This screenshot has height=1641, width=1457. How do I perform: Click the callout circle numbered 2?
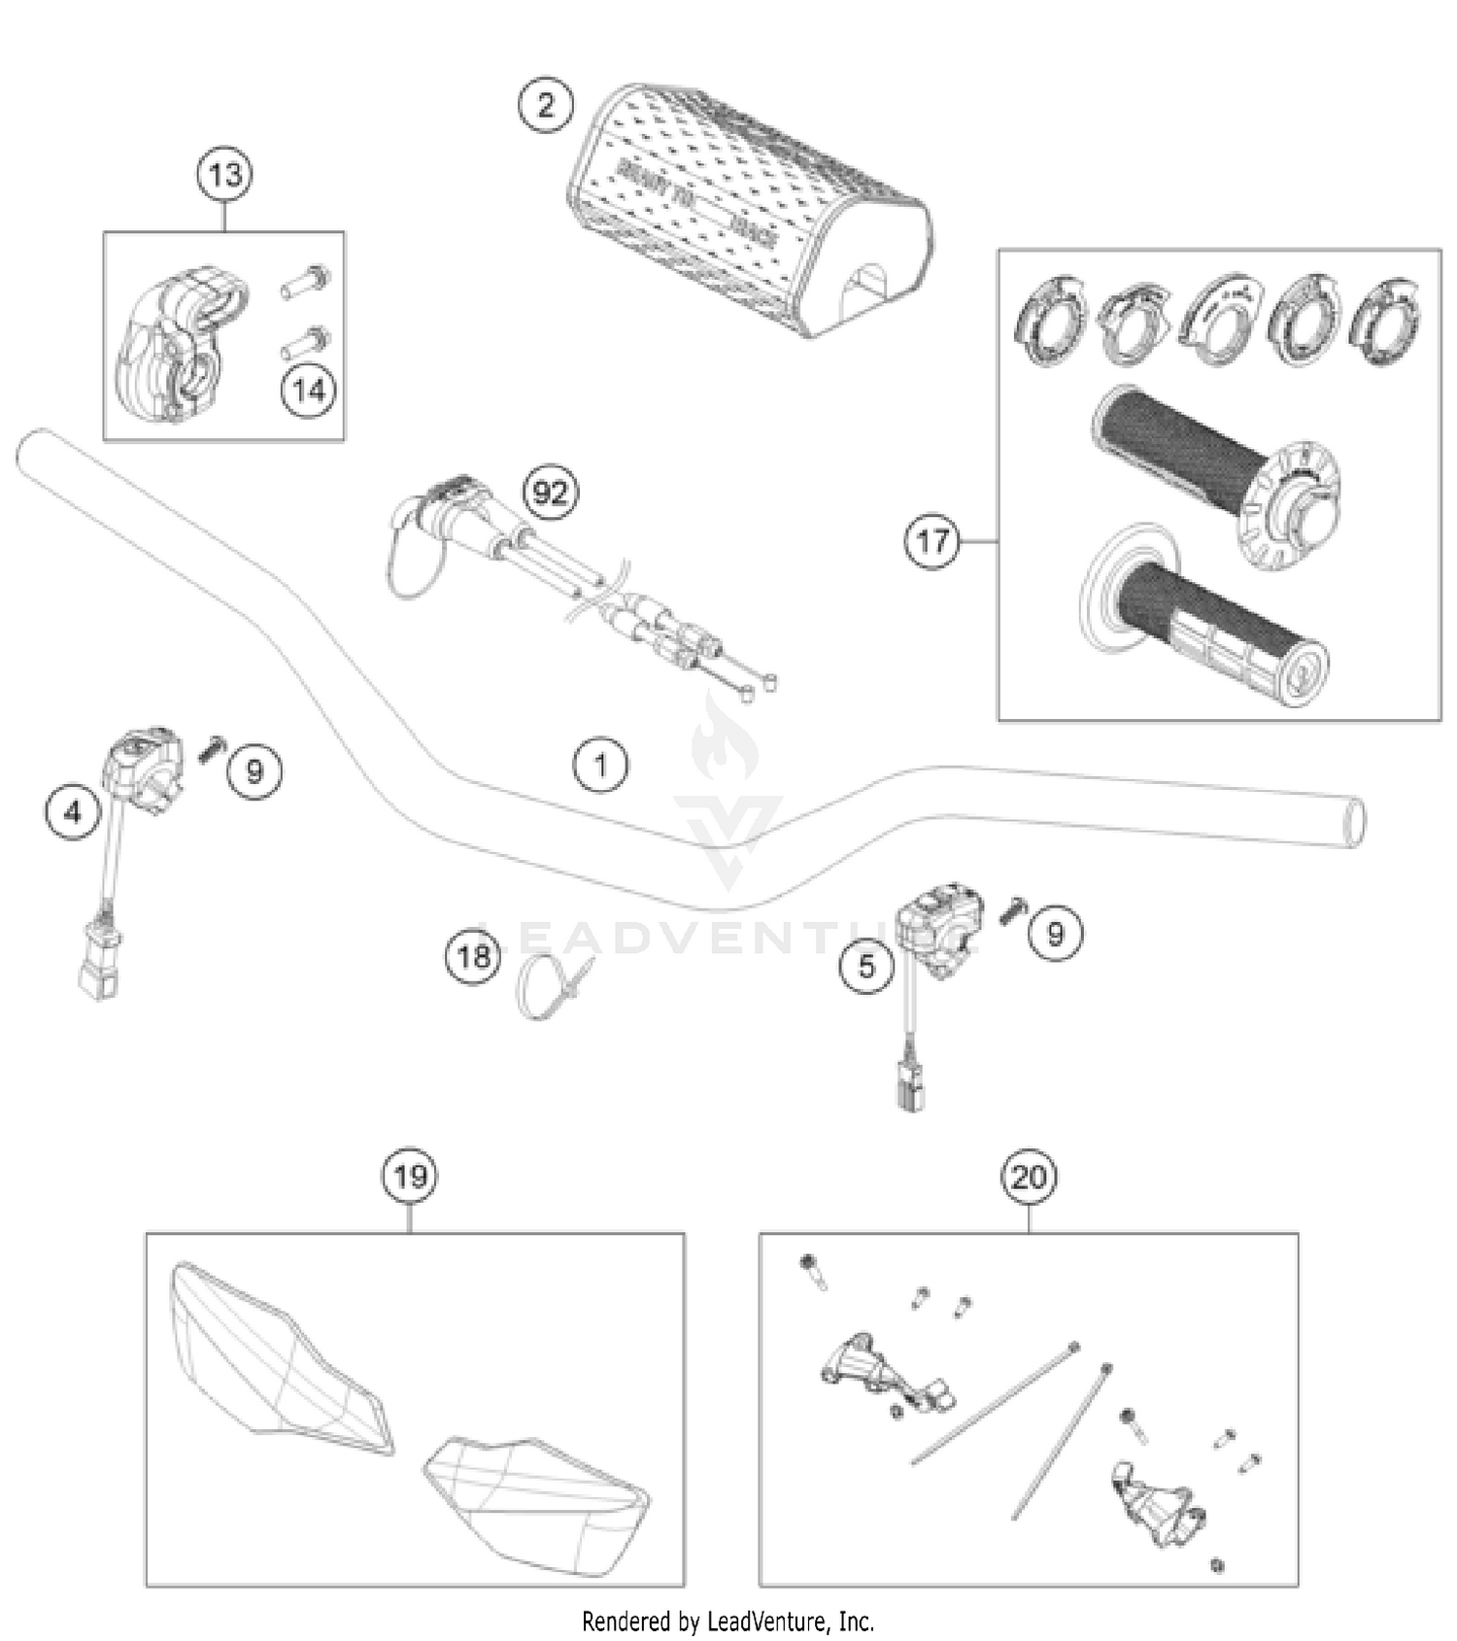546,104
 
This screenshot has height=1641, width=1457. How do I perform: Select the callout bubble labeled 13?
224,176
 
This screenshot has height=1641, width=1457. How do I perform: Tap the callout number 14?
309,391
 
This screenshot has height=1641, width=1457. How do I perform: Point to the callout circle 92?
550,493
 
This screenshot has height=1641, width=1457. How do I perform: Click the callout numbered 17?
932,541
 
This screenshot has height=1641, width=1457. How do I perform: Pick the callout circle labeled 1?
600,766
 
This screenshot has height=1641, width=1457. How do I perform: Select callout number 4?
73,810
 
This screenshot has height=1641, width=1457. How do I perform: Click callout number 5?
866,966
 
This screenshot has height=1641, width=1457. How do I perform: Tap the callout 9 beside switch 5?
1055,934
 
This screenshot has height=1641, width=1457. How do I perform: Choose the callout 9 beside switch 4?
254,771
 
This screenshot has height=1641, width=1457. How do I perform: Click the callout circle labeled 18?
473,957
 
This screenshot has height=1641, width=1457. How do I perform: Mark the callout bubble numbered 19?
409,1178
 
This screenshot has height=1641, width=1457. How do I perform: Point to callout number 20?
1028,1178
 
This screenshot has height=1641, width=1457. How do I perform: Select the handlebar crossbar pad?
748,209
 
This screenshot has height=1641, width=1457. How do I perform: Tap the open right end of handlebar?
1351,822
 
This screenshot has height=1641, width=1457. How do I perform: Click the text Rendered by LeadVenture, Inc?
728,1621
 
